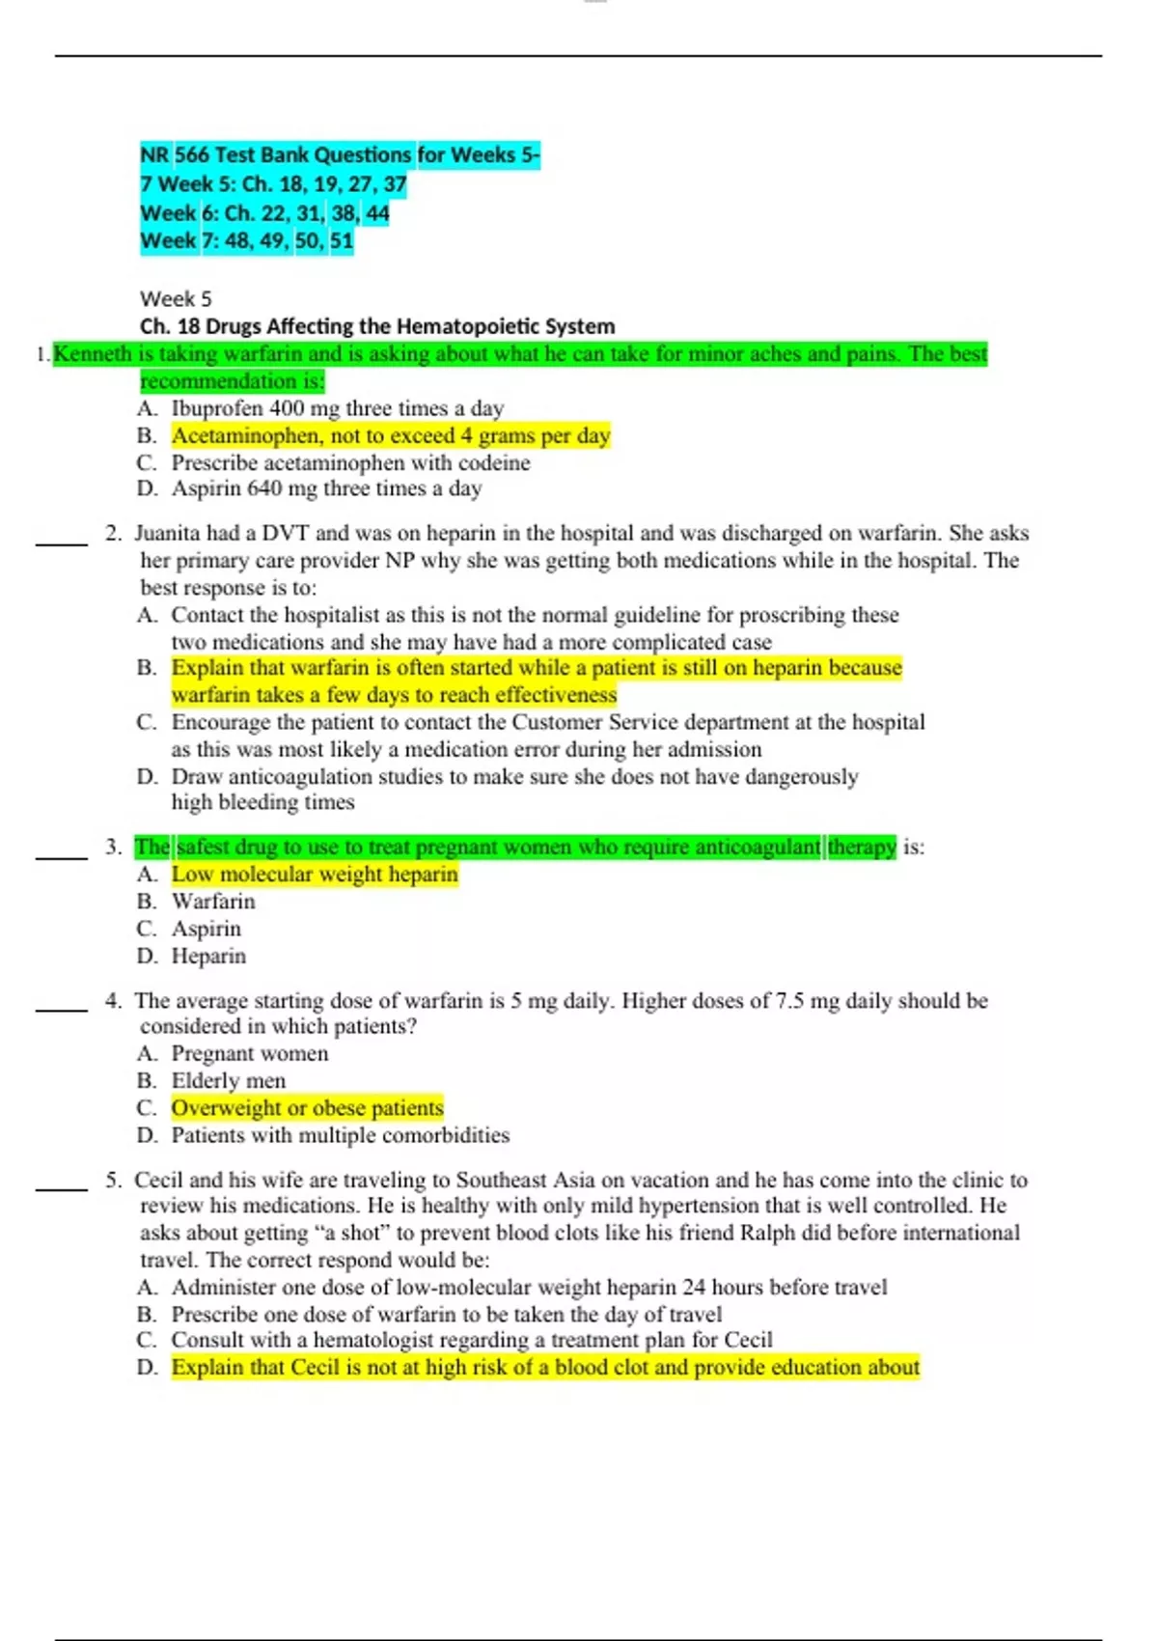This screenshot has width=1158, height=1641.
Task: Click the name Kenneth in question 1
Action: pyautogui.click(x=92, y=354)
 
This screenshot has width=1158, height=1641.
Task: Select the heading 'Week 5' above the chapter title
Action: pyautogui.click(x=176, y=299)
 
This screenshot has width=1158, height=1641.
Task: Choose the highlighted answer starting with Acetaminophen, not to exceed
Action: pyautogui.click(x=391, y=436)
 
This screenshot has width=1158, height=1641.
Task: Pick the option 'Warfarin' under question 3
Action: pyautogui.click(x=213, y=902)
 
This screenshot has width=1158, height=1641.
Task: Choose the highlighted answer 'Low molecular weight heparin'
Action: pyautogui.click(x=315, y=875)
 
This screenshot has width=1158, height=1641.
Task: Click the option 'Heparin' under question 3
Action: pyautogui.click(x=208, y=957)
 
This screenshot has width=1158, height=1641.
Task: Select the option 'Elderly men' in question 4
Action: pyautogui.click(x=229, y=1081)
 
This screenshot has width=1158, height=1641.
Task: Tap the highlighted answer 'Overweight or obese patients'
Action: pyautogui.click(x=308, y=1108)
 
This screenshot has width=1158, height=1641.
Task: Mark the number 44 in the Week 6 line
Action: pyautogui.click(x=377, y=212)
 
